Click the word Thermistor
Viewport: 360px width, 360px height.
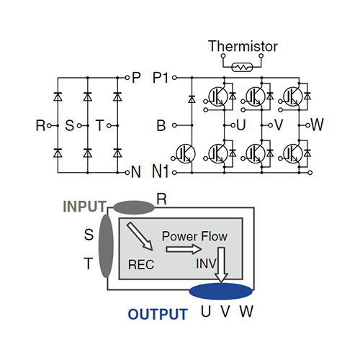243,46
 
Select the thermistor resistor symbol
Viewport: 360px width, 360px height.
242,67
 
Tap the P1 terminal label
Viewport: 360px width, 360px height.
161,78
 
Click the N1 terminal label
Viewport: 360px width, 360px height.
161,171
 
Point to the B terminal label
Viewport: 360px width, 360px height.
161,125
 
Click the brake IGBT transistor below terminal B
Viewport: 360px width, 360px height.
186,153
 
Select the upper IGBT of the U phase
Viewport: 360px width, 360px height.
218,96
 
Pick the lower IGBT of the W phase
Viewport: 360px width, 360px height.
293,153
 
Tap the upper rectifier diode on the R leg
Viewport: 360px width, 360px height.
58,96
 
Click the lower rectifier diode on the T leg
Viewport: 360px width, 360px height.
117,153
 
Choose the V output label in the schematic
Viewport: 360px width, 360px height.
279,125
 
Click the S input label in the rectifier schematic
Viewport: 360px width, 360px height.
70,125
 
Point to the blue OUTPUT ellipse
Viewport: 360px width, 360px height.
221,292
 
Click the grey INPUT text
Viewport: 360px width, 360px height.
84,206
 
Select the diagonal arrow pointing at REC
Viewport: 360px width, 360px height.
140,236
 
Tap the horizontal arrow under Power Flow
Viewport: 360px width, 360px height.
184,250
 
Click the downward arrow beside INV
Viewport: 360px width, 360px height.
221,265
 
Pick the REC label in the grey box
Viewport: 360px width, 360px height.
141,265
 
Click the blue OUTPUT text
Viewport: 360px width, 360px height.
158,314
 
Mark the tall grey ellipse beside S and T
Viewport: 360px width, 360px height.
106,246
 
